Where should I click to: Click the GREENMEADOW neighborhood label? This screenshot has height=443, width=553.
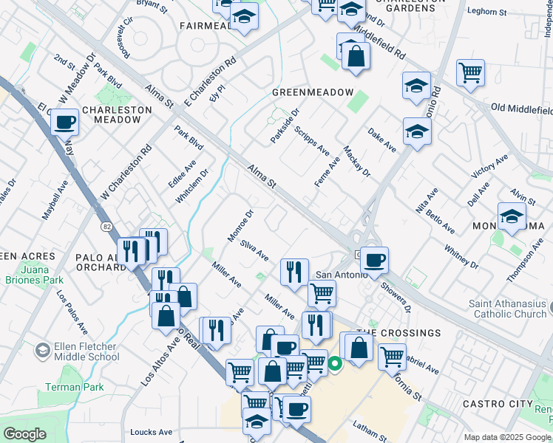tap(313, 92)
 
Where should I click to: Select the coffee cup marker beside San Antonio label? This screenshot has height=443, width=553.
tap(375, 259)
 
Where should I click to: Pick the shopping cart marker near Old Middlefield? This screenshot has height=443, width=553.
tap(470, 72)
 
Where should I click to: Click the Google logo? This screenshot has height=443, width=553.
tap(25, 434)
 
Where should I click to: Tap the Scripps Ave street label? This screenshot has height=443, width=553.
tap(311, 140)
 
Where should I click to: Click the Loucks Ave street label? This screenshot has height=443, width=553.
tap(151, 432)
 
